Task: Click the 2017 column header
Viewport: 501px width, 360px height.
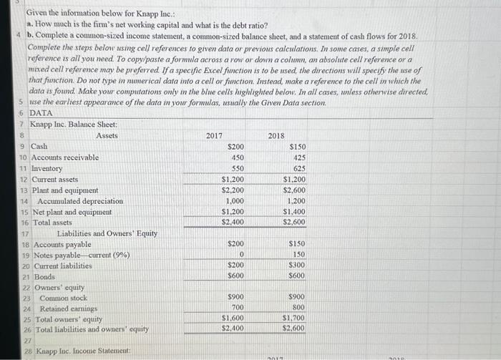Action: point(214,135)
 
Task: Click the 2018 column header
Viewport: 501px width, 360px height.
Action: point(276,135)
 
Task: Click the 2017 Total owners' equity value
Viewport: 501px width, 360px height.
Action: point(232,318)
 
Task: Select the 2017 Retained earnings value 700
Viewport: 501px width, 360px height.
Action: point(236,308)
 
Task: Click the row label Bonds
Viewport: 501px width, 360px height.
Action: point(44,276)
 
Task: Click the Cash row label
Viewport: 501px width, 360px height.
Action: point(39,146)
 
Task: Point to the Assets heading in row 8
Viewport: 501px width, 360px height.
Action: point(107,135)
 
